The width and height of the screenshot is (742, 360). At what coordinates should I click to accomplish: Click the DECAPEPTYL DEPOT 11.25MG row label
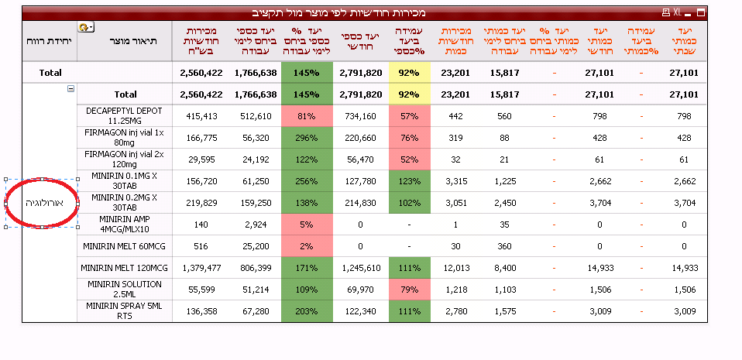124,116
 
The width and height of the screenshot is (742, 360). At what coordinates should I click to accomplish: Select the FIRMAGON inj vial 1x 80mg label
124,138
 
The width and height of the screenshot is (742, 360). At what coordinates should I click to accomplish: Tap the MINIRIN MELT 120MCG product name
124,268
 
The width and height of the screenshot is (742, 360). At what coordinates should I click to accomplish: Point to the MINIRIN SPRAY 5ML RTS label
124,311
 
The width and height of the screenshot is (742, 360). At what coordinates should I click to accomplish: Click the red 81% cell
306,116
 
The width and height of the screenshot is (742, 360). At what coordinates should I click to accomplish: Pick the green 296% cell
306,138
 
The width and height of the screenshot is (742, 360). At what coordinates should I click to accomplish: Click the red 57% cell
409,116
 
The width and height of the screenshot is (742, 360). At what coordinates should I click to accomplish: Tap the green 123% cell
409,181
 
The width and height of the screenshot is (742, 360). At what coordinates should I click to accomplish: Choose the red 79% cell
409,290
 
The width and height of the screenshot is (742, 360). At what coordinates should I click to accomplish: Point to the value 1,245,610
359,268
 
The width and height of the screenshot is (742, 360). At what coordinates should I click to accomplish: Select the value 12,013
455,268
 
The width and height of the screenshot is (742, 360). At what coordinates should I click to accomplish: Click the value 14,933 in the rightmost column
683,268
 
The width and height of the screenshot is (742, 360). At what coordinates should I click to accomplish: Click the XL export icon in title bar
677,13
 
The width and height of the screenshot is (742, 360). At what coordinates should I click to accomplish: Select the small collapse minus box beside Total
71,89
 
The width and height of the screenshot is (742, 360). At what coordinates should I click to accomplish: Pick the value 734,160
359,116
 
